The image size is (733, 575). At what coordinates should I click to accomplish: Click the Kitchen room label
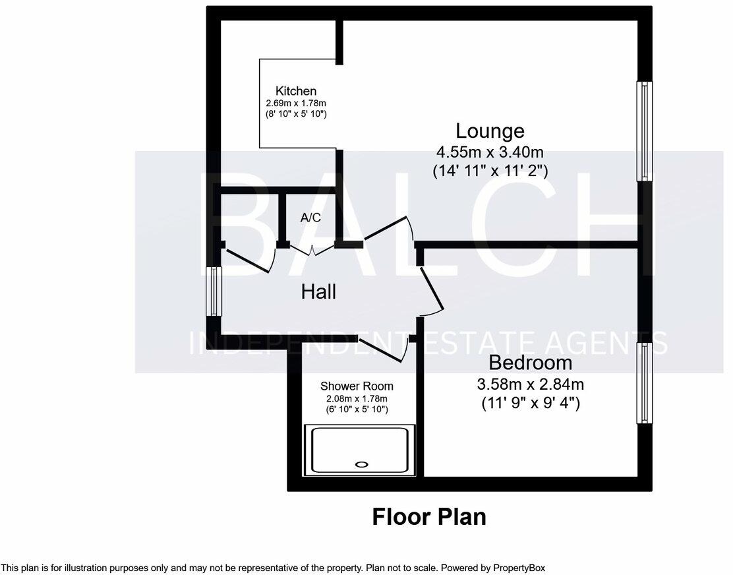tap(296, 91)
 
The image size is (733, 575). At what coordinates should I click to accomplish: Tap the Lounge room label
tap(490, 131)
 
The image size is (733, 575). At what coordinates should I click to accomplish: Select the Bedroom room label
tap(530, 363)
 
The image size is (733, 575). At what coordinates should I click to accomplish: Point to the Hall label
tap(318, 291)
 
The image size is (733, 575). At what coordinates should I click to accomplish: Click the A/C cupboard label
tap(310, 218)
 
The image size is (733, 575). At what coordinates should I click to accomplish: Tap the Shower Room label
tap(357, 386)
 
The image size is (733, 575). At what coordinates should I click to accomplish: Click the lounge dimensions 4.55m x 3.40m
tap(490, 152)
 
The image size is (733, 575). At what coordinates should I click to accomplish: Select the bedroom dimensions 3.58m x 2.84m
tap(530, 384)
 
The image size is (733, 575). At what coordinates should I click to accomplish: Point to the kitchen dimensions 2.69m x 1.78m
tap(296, 103)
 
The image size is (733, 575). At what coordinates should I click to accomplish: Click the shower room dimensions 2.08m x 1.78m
tap(357, 398)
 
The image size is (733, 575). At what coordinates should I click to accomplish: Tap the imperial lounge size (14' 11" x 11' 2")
tap(490, 171)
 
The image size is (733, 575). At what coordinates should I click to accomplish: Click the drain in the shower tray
tap(361, 465)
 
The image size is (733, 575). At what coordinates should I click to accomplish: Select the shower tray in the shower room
tap(359, 450)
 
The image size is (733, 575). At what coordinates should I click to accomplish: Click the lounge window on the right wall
tap(644, 131)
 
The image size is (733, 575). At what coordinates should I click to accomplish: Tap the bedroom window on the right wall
tap(644, 383)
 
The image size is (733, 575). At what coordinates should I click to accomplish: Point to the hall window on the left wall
tap(214, 291)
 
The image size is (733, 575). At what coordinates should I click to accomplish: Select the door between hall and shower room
tap(382, 350)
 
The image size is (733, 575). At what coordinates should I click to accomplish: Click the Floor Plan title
tap(429, 516)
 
